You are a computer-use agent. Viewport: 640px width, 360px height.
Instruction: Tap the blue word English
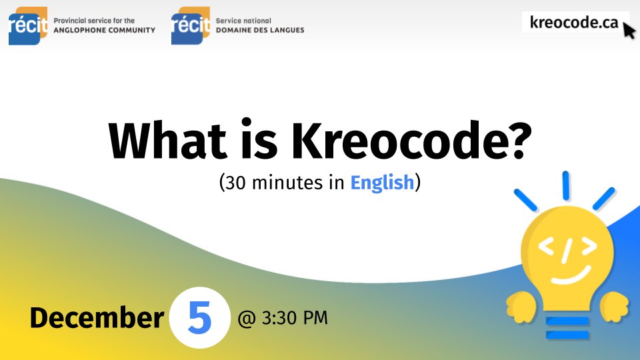pos(382,183)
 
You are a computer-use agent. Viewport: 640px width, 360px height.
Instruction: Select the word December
pos(96,318)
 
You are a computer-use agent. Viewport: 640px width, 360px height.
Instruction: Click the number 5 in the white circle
pos(199,319)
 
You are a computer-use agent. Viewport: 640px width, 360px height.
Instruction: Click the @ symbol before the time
pos(246,319)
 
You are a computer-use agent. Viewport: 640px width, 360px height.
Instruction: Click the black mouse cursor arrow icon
pos(629,31)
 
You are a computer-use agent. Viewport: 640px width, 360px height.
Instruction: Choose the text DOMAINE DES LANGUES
pos(260,30)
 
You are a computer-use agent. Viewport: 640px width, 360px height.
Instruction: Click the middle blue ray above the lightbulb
pos(566,185)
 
